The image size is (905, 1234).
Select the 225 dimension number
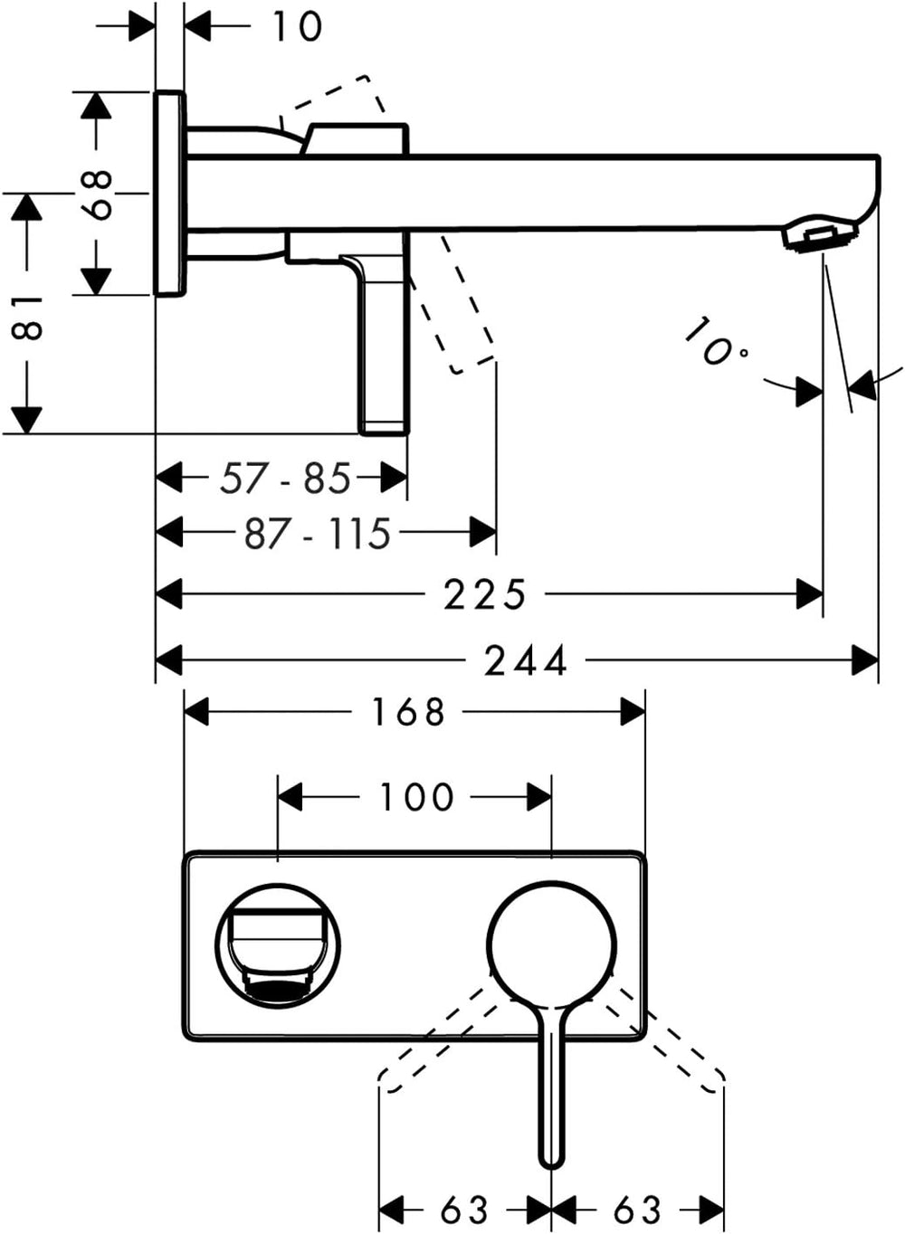(x=484, y=594)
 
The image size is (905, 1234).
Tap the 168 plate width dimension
(x=408, y=712)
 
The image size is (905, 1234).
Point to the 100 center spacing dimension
(x=416, y=797)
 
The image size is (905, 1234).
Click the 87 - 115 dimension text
(x=318, y=533)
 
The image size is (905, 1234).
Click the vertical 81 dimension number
(x=26, y=318)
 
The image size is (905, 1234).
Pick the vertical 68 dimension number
(x=95, y=195)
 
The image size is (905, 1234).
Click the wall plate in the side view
(x=169, y=193)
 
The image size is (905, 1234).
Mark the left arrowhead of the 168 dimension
(x=197, y=712)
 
